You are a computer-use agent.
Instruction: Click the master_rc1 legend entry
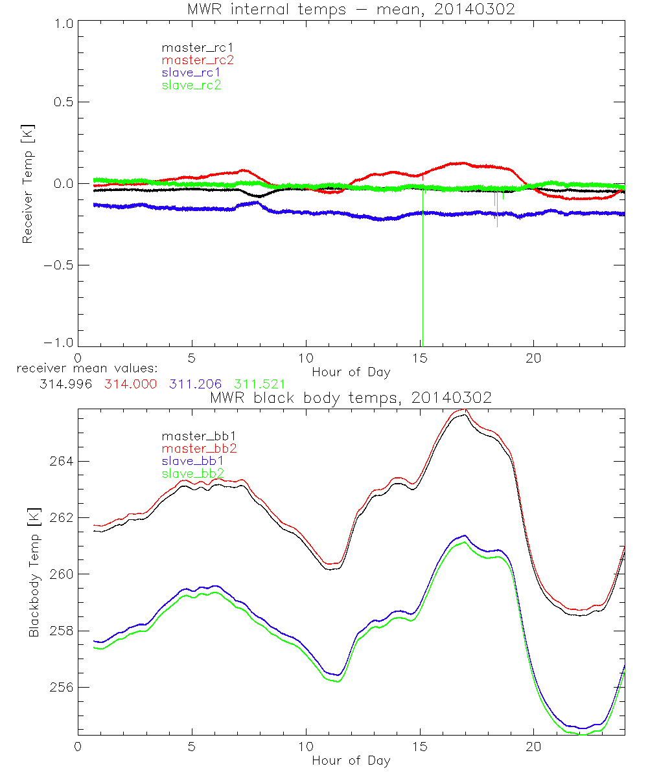(x=191, y=47)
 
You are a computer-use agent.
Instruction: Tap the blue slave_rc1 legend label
(x=191, y=73)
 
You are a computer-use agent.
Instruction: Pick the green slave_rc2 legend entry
(x=191, y=85)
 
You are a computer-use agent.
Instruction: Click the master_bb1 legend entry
(x=192, y=436)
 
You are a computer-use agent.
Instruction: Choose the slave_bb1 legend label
(x=192, y=461)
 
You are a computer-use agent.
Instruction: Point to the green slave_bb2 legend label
(x=192, y=474)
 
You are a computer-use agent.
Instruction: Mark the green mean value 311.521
(x=260, y=384)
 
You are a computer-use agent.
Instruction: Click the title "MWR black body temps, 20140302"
(x=351, y=398)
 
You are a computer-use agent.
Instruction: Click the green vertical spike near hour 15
(x=422, y=272)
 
